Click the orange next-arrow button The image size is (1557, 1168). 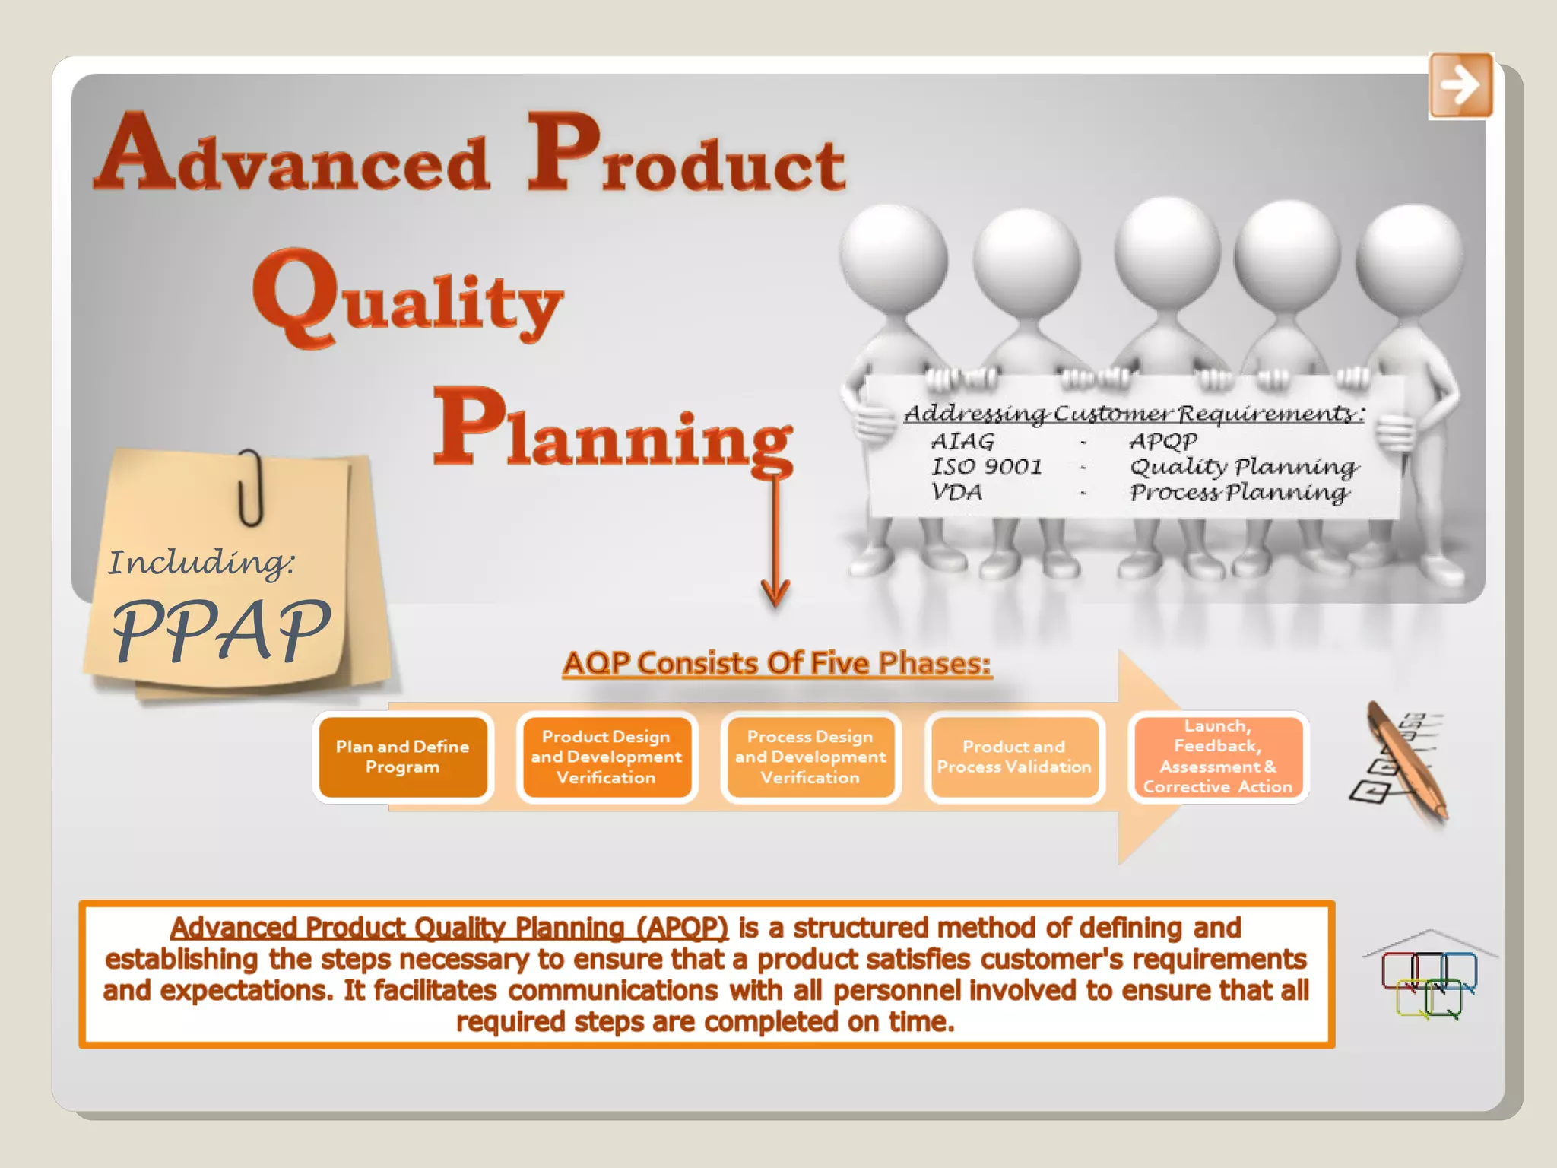(1460, 85)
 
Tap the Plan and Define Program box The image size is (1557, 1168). (403, 757)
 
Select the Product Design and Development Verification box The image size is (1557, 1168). (607, 757)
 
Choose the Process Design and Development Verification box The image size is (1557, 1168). (810, 757)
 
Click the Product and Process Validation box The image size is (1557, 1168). (1014, 757)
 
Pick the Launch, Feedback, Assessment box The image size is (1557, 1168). (1218, 757)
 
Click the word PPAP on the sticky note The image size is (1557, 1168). (220, 630)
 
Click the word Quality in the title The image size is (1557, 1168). (409, 300)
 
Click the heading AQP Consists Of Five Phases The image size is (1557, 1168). (777, 663)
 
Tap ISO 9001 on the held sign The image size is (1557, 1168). (987, 466)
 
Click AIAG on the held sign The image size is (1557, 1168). (962, 441)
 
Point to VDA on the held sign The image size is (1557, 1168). (956, 492)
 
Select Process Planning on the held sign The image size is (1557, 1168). (1239, 493)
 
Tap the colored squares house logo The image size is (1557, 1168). (1429, 977)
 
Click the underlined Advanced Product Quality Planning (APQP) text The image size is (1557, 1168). (449, 928)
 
